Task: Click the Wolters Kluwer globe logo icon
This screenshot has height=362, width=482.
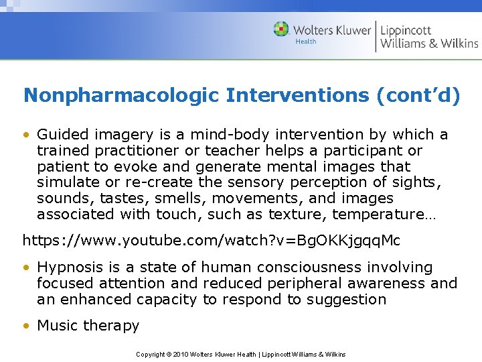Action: tap(281, 29)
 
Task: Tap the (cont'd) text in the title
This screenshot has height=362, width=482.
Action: tap(418, 96)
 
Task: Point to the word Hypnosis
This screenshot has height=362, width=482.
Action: tap(68, 267)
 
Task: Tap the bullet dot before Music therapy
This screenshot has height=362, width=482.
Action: tap(27, 326)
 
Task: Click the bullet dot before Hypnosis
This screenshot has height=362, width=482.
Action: tap(27, 267)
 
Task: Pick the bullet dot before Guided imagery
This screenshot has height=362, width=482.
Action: tap(27, 135)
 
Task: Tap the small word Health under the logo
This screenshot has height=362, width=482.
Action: tap(306, 42)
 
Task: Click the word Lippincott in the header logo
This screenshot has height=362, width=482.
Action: tap(406, 30)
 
